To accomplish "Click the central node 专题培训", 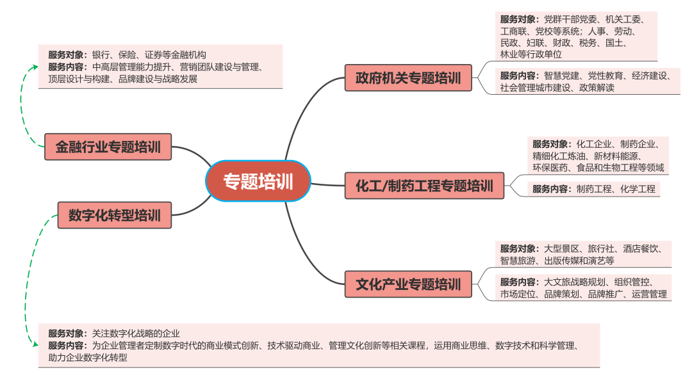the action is click(x=258, y=181).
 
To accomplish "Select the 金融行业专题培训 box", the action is click(x=108, y=147).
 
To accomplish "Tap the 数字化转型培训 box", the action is click(x=114, y=215).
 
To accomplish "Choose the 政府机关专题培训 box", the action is click(x=408, y=78).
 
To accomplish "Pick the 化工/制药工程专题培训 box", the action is click(x=424, y=186).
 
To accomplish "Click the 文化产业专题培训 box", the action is click(x=408, y=284).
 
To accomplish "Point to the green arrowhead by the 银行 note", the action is click(x=35, y=67).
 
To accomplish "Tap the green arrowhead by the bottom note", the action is click(x=35, y=344).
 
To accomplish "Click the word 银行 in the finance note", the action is click(x=101, y=54).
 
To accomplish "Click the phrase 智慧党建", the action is click(x=561, y=76).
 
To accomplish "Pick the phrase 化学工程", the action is click(x=638, y=189).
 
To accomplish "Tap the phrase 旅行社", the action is click(x=601, y=248).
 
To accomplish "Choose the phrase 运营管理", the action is click(x=649, y=294).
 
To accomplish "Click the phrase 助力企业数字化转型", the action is click(x=88, y=357).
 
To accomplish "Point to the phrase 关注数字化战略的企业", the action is click(x=136, y=333).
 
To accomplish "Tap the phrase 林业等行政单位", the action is click(x=531, y=54).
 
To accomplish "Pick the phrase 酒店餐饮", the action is click(x=640, y=248).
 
